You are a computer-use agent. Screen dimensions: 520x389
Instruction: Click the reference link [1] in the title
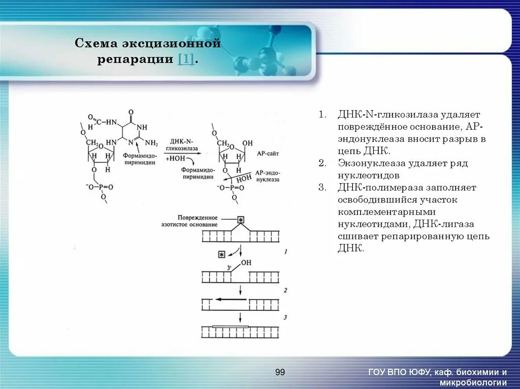(x=185, y=59)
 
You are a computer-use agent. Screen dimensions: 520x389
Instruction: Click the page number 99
(x=280, y=373)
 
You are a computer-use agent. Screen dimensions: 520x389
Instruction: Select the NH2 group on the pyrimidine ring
(x=152, y=144)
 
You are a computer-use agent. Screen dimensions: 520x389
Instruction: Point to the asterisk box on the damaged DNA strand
(x=241, y=220)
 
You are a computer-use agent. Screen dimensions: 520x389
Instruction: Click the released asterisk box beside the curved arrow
(x=221, y=254)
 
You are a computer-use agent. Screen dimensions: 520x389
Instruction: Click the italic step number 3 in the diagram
(x=286, y=317)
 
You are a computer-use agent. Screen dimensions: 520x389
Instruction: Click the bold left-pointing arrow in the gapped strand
(x=231, y=299)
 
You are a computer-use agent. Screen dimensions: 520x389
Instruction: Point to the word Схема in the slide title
(x=93, y=44)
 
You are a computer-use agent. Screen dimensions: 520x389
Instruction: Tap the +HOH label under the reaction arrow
(x=175, y=159)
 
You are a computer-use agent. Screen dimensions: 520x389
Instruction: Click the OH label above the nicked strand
(x=246, y=262)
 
